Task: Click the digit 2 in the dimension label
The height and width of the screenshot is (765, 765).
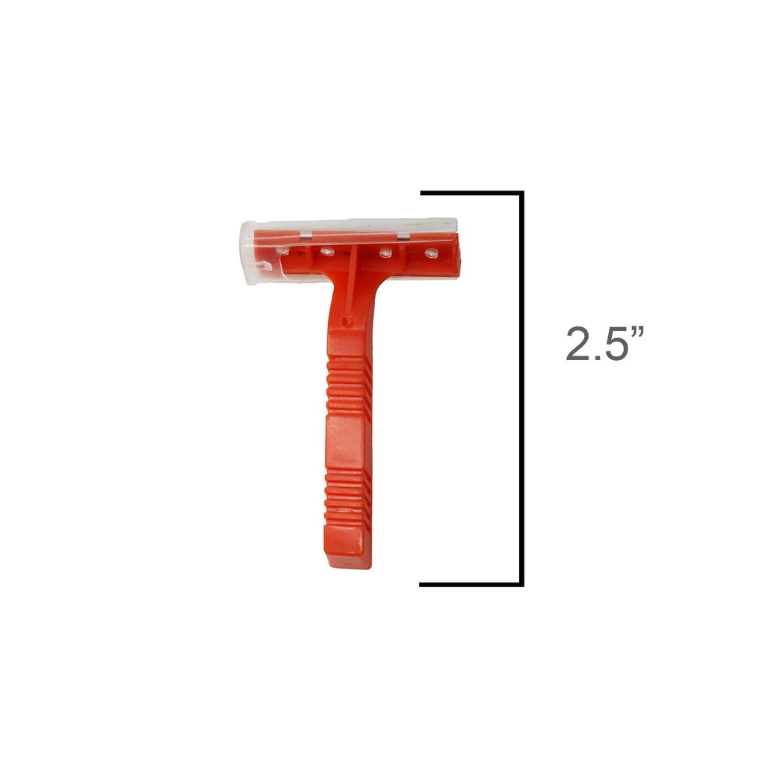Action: click(578, 344)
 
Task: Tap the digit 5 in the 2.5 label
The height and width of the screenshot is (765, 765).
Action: click(615, 344)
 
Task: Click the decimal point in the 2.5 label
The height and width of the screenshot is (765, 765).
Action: click(597, 358)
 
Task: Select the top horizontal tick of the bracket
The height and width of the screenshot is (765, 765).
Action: click(472, 193)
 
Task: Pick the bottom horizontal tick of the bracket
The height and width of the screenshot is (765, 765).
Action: click(471, 584)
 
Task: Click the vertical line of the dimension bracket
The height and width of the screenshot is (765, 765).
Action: click(521, 388)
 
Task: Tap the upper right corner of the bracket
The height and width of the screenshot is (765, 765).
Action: click(521, 193)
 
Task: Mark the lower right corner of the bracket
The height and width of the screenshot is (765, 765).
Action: click(521, 584)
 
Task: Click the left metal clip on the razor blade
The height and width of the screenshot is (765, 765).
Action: click(306, 236)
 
